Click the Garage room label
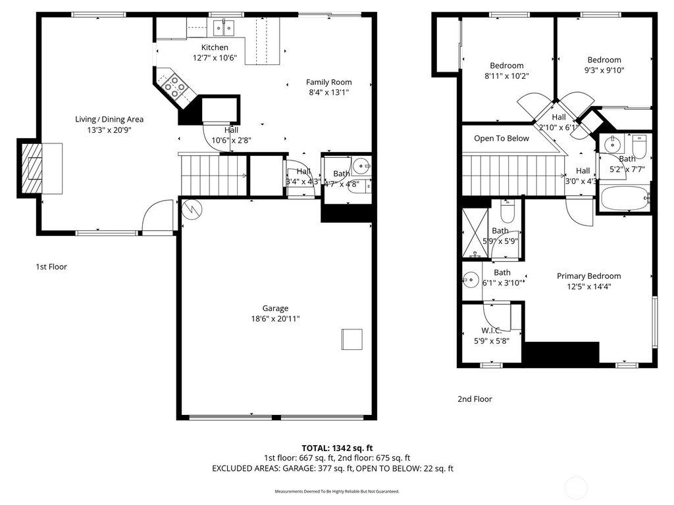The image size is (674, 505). pos(275,308)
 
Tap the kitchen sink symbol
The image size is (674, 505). pos(224,28)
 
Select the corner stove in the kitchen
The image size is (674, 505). pos(175,87)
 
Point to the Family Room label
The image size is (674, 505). pos(329,82)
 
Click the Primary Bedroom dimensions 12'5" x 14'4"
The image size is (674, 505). pos(588,287)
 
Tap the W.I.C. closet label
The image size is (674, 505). pos(491,331)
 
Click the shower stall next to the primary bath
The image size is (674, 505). pos(476,231)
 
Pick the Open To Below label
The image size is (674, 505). pos(502,139)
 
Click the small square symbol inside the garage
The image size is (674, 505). pos(351,339)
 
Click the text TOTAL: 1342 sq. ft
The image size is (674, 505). pos(332,448)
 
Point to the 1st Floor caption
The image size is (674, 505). pos(51,267)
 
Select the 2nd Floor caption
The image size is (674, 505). pos(475,399)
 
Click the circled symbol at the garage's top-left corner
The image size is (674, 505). pos(192,208)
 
